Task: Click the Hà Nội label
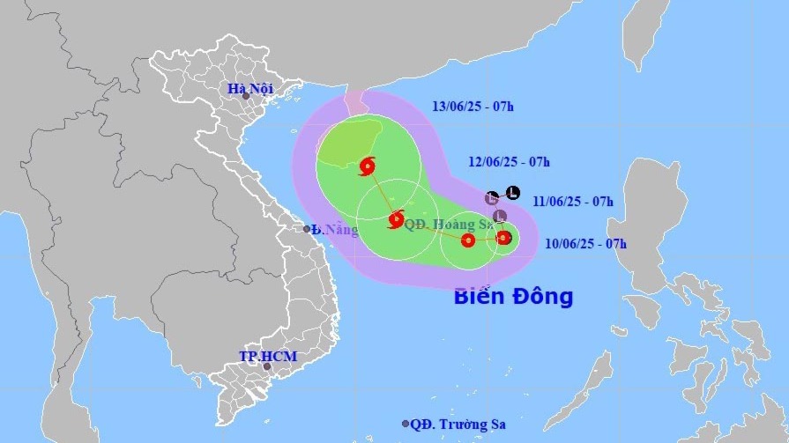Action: pos(250,88)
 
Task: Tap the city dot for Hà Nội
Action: pos(246,96)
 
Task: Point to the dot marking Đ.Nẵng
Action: pos(308,229)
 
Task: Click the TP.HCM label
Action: pos(268,356)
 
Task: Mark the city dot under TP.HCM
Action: pos(266,366)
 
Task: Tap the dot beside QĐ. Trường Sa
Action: pos(406,424)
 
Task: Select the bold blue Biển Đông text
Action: pos(513,296)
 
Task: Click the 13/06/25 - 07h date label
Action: pos(473,107)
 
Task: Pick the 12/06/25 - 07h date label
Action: pos(510,161)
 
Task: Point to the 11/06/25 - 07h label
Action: pos(573,201)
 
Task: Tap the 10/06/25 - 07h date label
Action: pos(585,243)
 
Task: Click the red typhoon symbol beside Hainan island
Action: pos(368,166)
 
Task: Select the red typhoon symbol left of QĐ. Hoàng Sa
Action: pos(395,219)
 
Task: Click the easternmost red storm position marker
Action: pos(503,237)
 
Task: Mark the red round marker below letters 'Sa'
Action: pos(468,240)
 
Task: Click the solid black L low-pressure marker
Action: pos(512,193)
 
